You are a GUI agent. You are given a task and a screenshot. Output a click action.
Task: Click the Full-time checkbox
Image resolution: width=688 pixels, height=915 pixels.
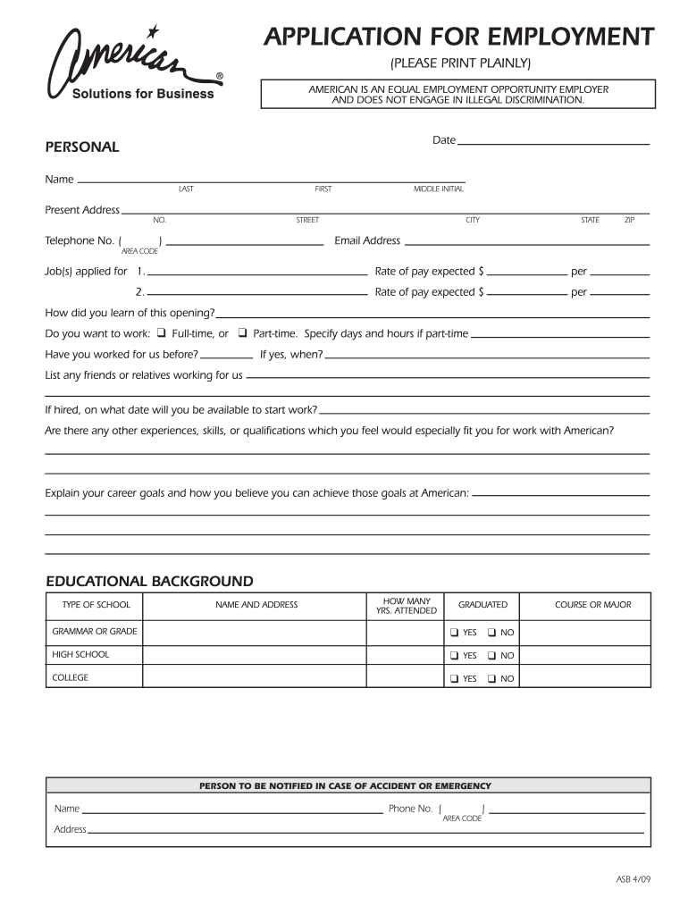pos(162,333)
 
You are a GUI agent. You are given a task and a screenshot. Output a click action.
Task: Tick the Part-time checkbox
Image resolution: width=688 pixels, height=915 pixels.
pos(242,333)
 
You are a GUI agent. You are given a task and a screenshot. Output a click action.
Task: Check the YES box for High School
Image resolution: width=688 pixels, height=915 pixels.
pos(454,656)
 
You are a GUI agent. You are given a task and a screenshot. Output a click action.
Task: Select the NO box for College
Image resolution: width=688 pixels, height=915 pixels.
pos(491,679)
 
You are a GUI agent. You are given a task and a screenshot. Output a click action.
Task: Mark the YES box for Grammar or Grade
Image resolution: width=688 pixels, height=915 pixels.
pos(454,633)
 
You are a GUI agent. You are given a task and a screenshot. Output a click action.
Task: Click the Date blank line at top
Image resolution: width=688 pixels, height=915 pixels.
pos(553,143)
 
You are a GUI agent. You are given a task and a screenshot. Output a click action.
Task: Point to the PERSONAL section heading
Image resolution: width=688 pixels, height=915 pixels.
pos(82,147)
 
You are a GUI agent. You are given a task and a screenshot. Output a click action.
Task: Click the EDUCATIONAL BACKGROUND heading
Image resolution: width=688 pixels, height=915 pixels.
pos(149,581)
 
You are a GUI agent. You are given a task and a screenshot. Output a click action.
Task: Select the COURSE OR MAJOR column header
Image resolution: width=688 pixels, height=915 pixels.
pos(592,605)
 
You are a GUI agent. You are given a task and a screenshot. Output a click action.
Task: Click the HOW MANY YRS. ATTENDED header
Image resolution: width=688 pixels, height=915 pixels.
pos(407,606)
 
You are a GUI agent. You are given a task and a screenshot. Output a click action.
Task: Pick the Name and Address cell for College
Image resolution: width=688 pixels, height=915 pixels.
pos(256,677)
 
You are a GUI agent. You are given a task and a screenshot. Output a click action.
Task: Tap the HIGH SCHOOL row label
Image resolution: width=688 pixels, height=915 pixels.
pos(80,655)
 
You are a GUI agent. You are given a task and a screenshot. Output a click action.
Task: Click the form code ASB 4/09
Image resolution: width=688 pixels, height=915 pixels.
pos(633,878)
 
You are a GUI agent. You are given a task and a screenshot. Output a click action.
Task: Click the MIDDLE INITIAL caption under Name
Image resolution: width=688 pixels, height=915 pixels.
pos(438,189)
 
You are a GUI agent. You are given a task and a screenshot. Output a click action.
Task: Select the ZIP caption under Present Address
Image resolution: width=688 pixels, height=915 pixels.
pos(629,220)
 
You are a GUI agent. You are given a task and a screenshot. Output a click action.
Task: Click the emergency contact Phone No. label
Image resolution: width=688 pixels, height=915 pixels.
pos(410,809)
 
